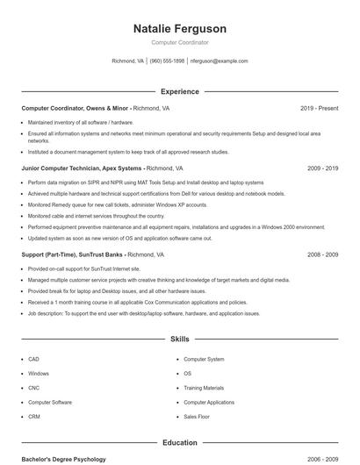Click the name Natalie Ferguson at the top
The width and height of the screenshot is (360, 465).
coord(179,28)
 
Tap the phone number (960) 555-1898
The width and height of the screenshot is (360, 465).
coord(167,61)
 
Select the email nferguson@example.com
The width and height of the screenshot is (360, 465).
coord(219,61)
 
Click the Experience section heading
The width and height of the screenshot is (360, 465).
coord(179,91)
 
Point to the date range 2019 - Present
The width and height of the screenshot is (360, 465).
coord(319,108)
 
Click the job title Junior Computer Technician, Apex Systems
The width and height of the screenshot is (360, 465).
coord(82,168)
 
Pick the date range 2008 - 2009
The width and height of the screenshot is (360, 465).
coord(322,254)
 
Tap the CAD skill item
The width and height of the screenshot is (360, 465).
coord(33,359)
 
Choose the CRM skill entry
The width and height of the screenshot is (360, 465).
coord(34,417)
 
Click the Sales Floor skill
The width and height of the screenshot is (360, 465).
coord(197,417)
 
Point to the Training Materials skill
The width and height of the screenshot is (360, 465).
coord(204,388)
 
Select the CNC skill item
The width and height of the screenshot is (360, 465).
coord(33,388)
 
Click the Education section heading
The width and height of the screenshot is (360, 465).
coord(179,443)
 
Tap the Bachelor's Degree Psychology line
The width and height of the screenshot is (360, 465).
coord(63,459)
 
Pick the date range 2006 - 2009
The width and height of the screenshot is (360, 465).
coord(322,459)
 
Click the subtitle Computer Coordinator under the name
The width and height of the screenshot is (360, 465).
coord(179,42)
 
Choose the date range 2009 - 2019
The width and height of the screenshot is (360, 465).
coord(322,168)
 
